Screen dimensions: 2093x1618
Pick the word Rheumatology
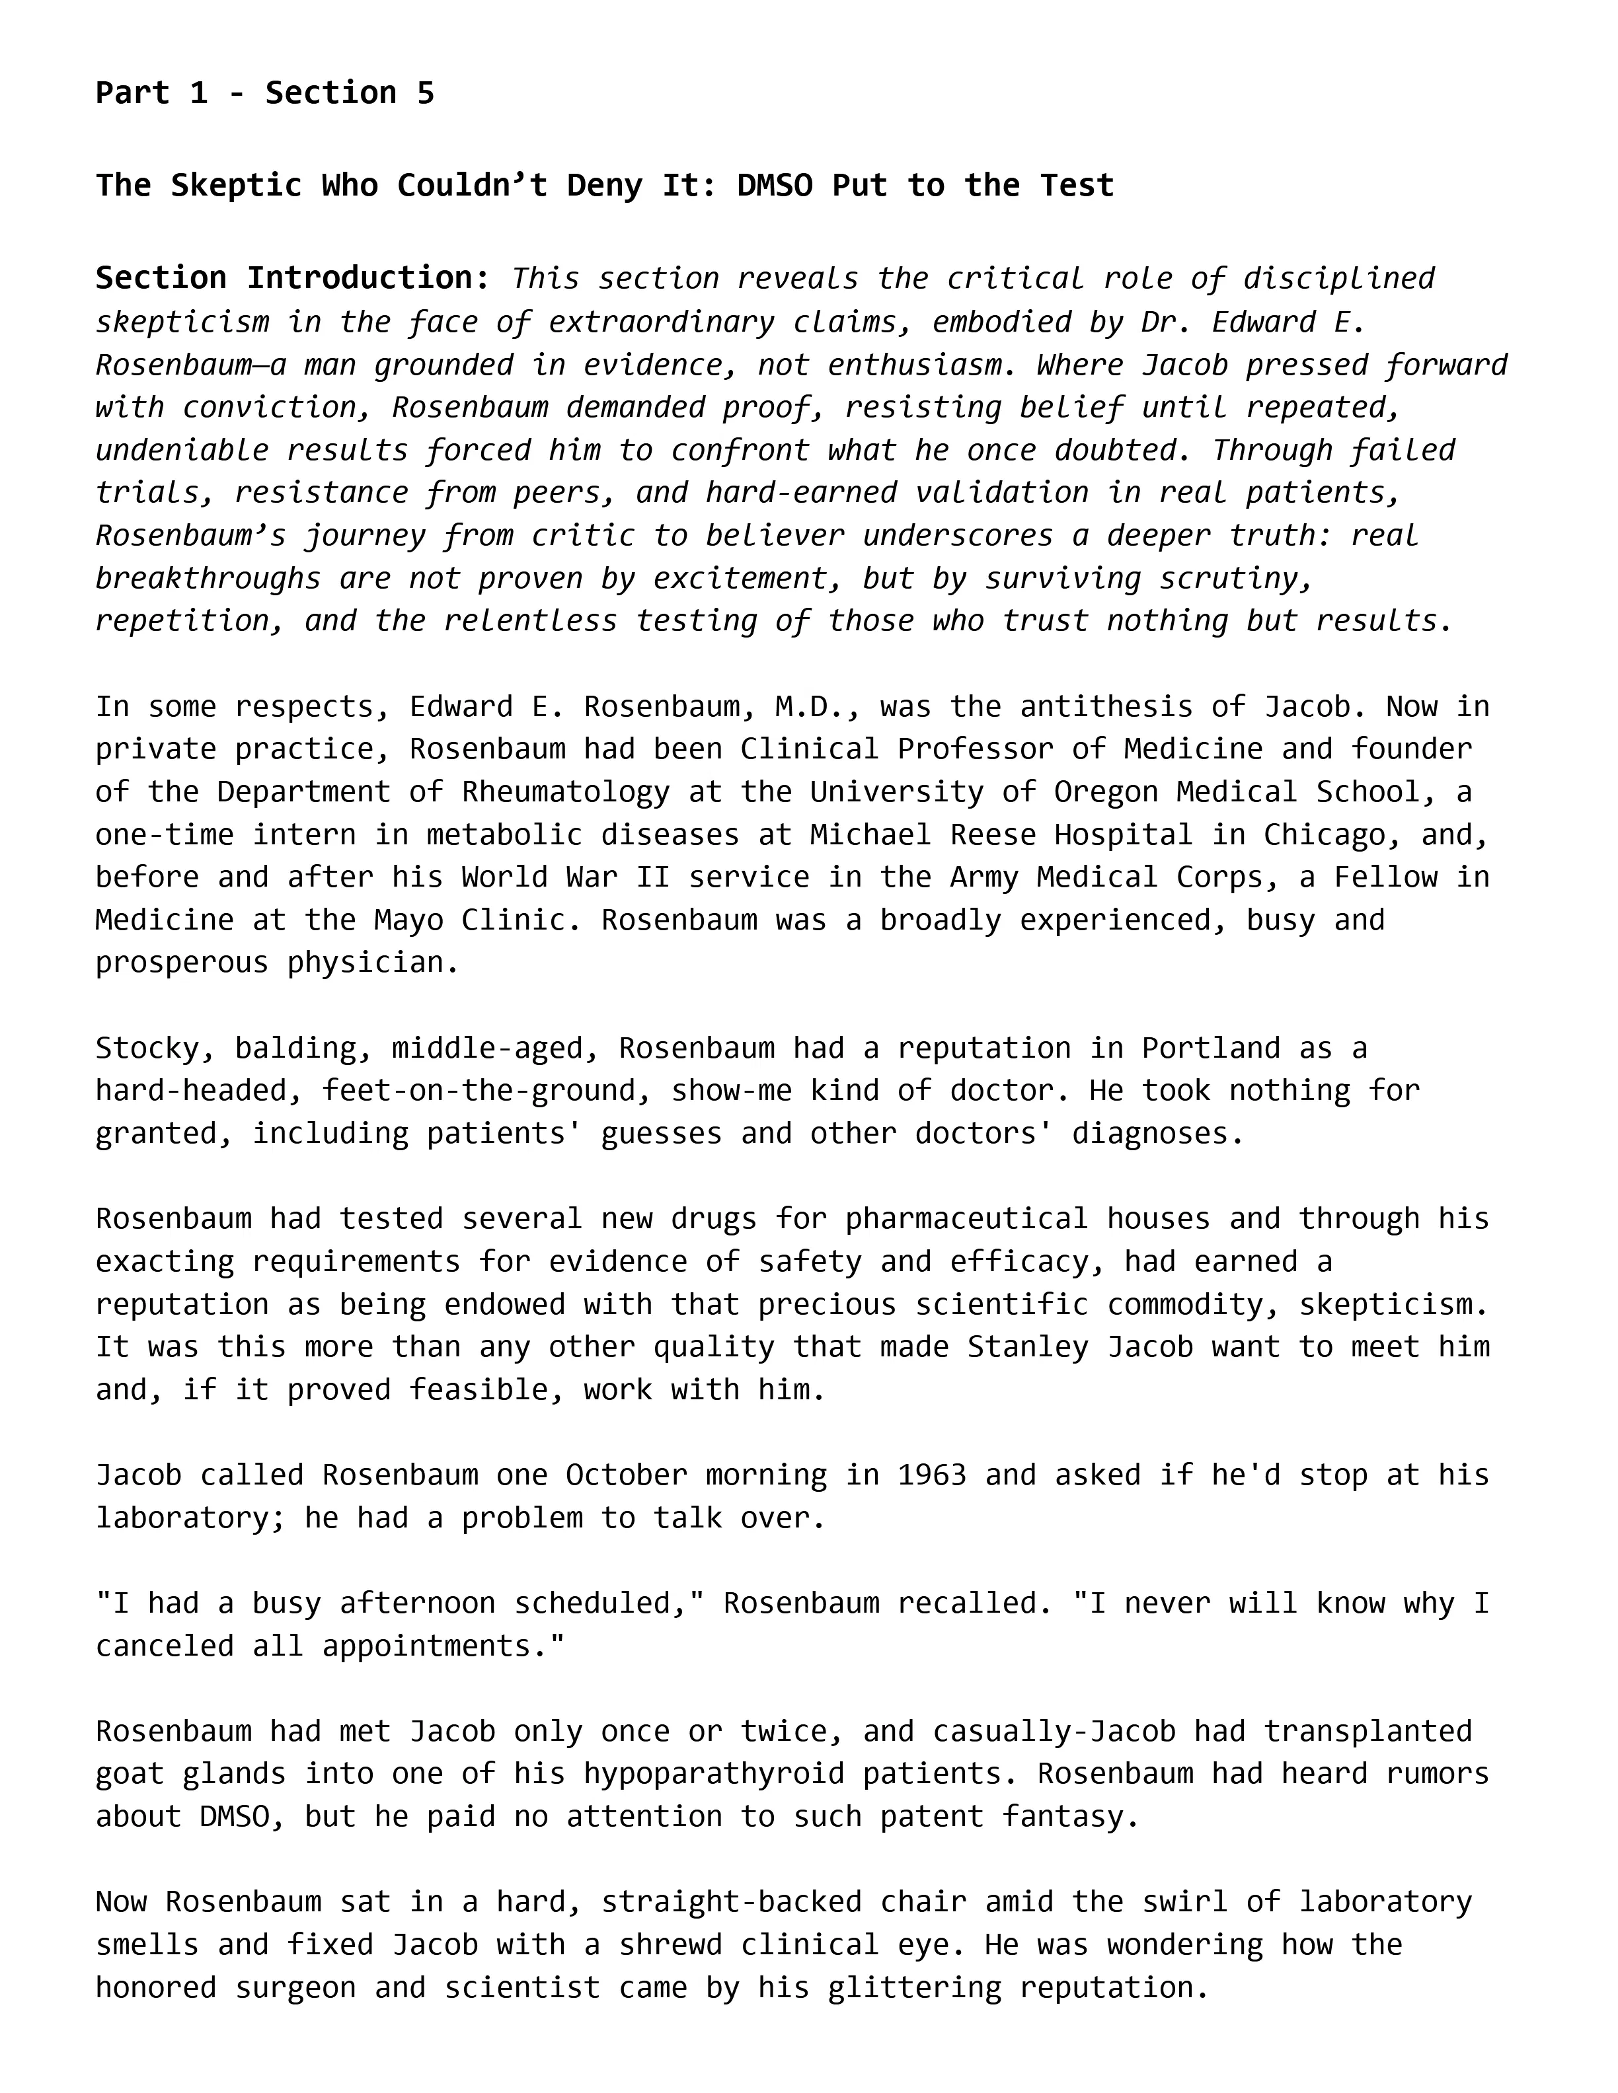tap(566, 791)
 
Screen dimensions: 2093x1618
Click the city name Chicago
tap(1324, 834)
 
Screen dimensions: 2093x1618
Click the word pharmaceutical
tap(966, 1218)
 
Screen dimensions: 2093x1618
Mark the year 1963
tap(932, 1474)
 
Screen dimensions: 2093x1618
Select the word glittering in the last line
tap(915, 1987)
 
